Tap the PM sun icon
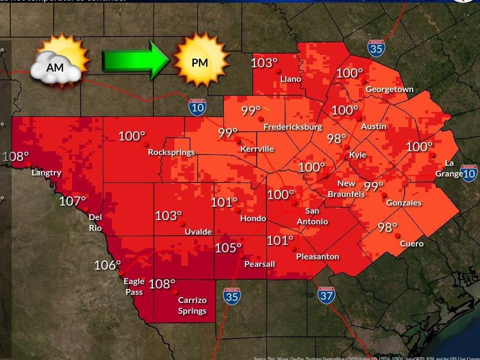(199, 61)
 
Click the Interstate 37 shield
(326, 295)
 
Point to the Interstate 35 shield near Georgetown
(376, 48)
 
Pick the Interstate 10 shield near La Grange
(469, 173)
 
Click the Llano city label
(291, 79)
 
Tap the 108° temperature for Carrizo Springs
(162, 284)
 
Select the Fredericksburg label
(293, 127)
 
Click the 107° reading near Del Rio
(73, 201)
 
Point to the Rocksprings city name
(171, 152)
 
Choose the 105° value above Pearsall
(228, 248)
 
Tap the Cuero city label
(412, 244)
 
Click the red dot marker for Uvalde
(182, 223)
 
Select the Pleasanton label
(317, 257)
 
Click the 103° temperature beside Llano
(263, 63)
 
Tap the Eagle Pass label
(134, 286)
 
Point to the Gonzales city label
(404, 203)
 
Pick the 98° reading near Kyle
(336, 138)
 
